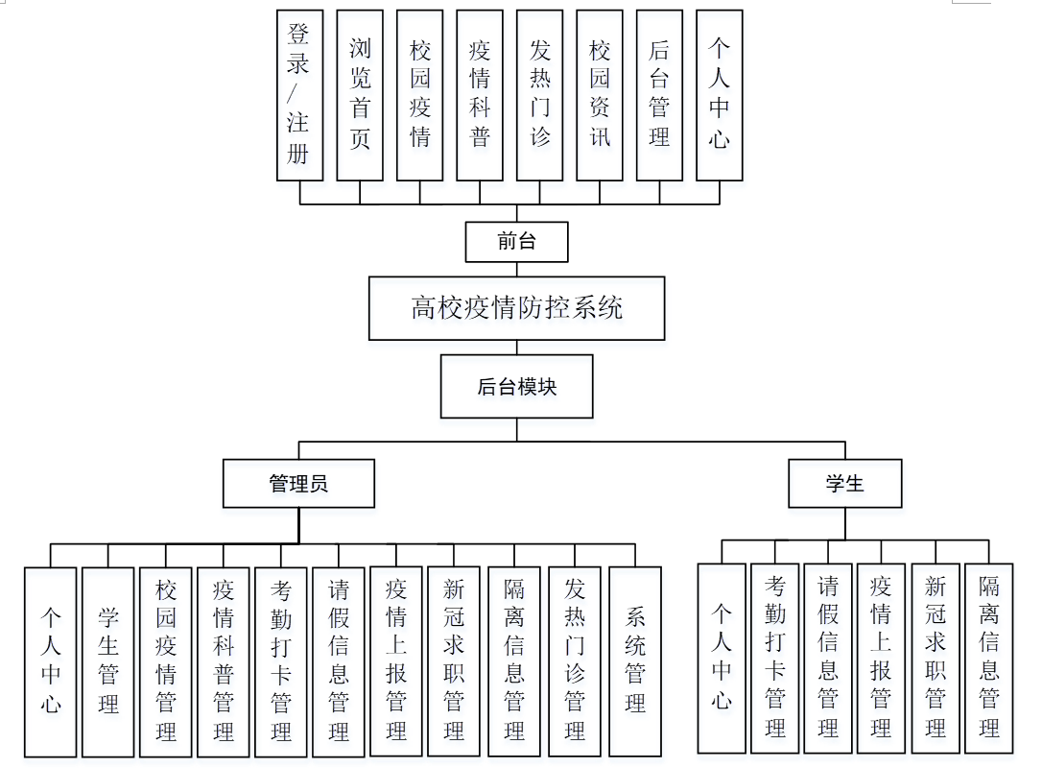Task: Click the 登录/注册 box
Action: [299, 95]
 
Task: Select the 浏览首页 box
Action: [360, 95]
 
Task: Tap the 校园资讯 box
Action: [600, 95]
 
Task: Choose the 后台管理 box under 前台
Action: [659, 95]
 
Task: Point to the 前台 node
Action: [517, 242]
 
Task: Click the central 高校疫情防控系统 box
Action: [517, 308]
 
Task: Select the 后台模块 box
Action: [517, 387]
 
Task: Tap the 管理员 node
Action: [298, 483]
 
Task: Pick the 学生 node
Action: [845, 483]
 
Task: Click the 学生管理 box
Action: [108, 661]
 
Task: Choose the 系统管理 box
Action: [635, 661]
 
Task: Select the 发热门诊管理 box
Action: [575, 661]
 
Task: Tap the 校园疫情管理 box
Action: [166, 661]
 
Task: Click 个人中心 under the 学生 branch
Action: [722, 658]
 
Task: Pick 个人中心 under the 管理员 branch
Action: [51, 661]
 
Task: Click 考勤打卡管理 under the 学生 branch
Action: [775, 658]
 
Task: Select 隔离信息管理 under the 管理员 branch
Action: [514, 661]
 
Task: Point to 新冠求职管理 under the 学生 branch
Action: [935, 658]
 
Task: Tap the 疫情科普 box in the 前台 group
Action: [480, 95]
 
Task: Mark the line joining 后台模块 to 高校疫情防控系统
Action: [517, 348]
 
